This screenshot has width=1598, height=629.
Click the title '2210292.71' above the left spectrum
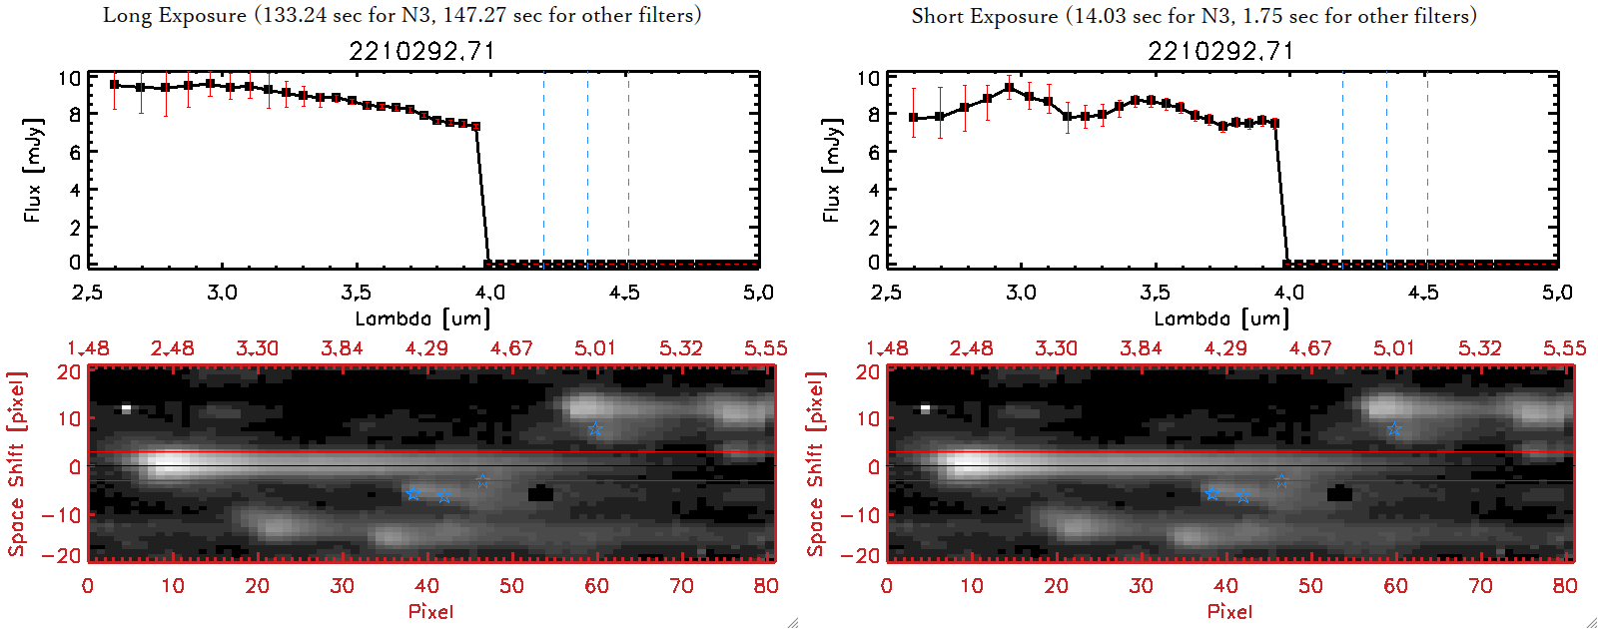(421, 51)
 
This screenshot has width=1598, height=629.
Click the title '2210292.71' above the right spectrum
(1220, 51)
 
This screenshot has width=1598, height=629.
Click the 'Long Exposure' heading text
(175, 15)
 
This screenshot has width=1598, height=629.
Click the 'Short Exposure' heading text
(984, 16)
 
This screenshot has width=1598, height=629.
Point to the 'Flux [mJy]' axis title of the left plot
(33, 170)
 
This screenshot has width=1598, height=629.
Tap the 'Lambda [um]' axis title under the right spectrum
(1221, 318)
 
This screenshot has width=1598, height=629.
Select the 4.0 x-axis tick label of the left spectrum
(489, 293)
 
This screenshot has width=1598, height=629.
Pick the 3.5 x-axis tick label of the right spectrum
(1155, 293)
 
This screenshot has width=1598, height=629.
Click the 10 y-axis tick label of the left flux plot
(69, 78)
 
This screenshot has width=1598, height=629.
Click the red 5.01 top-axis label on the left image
(595, 348)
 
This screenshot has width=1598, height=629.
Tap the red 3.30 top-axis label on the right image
(1056, 348)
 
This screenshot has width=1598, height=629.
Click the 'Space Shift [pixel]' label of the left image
(17, 464)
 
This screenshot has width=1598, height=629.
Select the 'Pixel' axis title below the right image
(1229, 611)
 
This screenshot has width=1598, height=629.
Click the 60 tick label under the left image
(596, 586)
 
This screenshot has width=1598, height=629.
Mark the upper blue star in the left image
(595, 429)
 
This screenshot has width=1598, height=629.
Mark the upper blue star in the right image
(1394, 429)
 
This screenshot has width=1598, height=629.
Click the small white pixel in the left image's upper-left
(126, 408)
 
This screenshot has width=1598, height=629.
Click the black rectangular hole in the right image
(1339, 492)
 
